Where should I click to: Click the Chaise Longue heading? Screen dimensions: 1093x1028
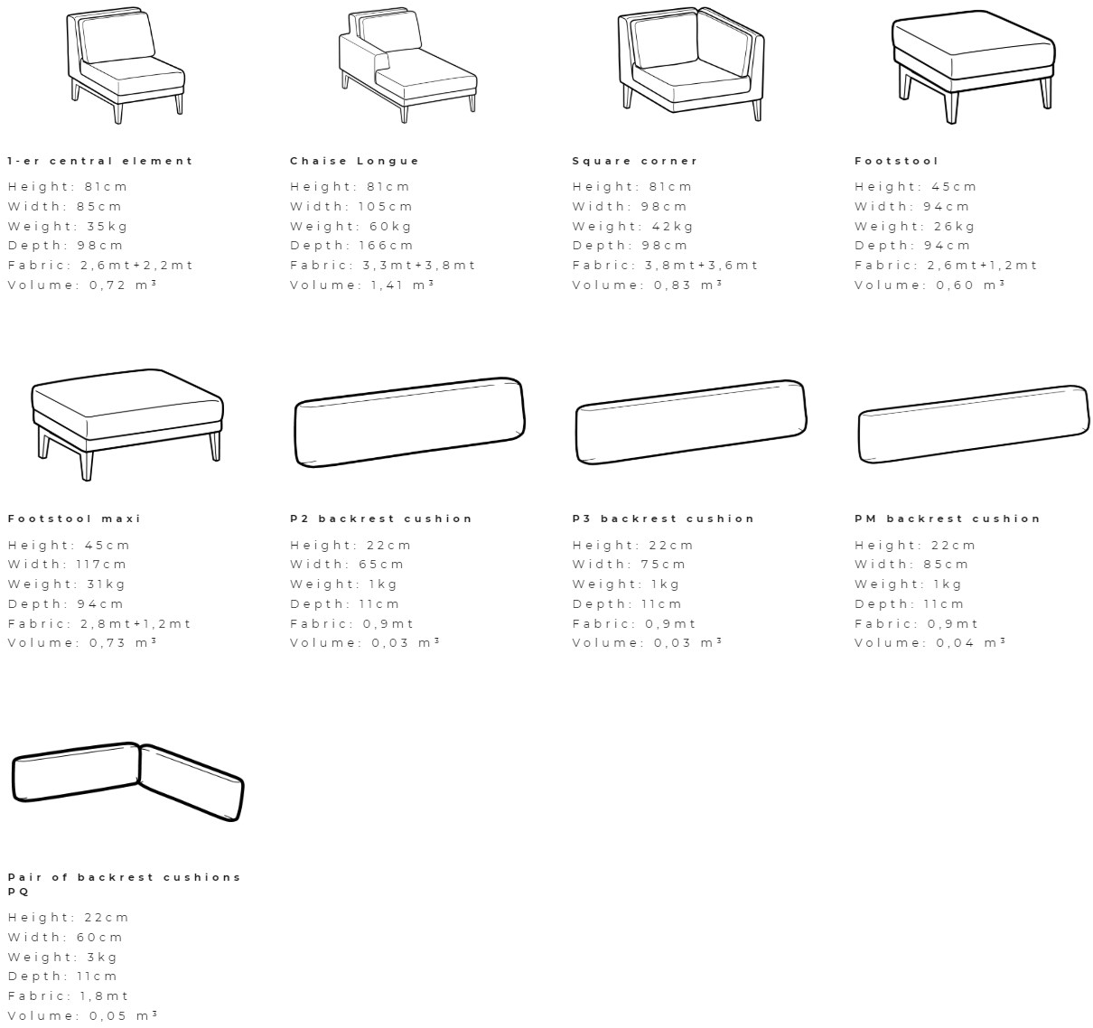354,161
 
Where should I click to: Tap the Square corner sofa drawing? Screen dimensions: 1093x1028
691,64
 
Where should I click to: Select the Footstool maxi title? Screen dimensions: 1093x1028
74,519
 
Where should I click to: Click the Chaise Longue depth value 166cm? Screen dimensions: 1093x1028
386,246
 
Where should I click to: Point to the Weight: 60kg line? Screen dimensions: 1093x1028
351,227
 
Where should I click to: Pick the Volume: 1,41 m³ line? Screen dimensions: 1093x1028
362,285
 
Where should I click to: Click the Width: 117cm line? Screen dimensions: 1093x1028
67,565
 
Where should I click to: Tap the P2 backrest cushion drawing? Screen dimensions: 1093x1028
409,423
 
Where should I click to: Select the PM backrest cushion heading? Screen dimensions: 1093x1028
948,519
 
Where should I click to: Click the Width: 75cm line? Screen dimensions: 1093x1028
629,565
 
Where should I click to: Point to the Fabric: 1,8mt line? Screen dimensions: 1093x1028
68,996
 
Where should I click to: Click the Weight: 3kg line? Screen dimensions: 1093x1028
62,958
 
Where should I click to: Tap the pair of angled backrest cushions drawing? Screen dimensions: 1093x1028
127,782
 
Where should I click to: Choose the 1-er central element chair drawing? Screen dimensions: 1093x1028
126,65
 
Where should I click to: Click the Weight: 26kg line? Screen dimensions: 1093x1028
915,227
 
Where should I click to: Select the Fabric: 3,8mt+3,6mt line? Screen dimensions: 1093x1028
666,266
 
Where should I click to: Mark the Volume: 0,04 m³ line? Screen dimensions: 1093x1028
930,642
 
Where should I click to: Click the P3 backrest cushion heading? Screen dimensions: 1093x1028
663,519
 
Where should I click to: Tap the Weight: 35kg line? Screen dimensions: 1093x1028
68,227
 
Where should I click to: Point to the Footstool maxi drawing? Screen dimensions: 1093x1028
127,425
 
